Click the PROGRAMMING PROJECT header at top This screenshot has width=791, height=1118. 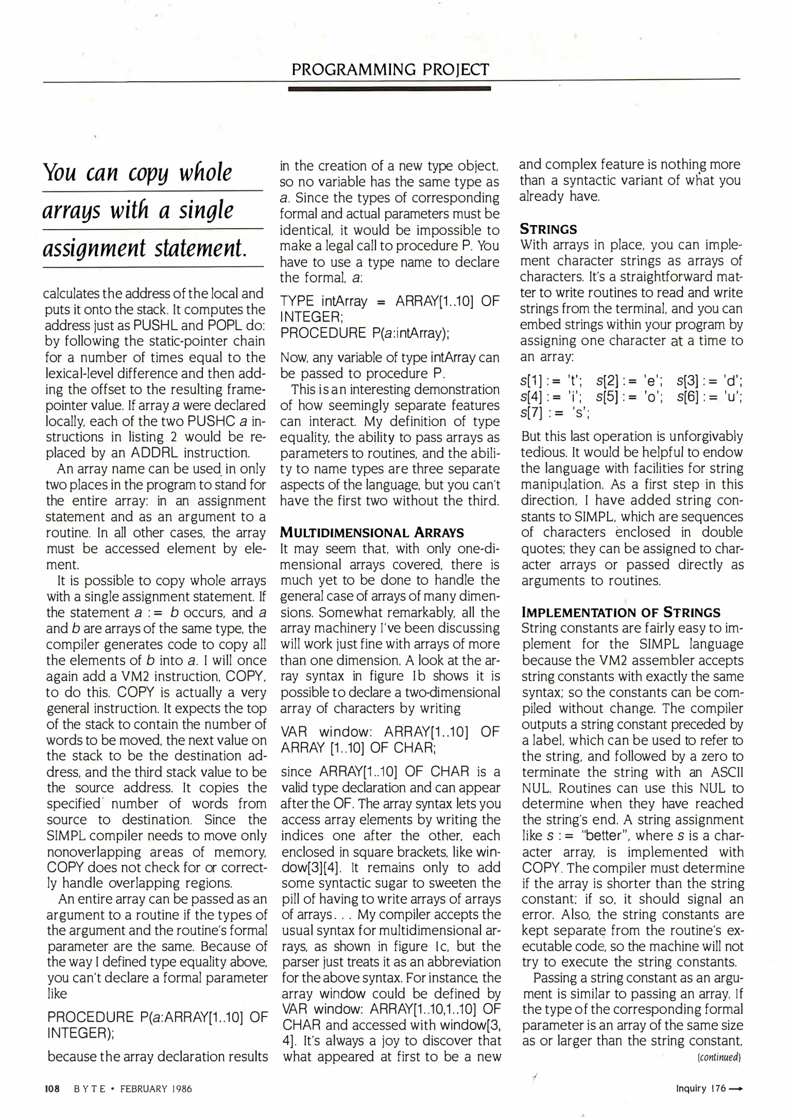point(390,69)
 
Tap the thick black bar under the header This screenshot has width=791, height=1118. point(389,89)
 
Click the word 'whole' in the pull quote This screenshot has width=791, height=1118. point(206,173)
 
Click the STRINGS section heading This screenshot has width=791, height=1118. point(548,229)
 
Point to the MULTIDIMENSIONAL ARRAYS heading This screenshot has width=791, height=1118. point(372,532)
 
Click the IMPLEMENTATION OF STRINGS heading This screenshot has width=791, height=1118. point(621,612)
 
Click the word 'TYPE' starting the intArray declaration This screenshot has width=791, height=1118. point(297,301)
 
